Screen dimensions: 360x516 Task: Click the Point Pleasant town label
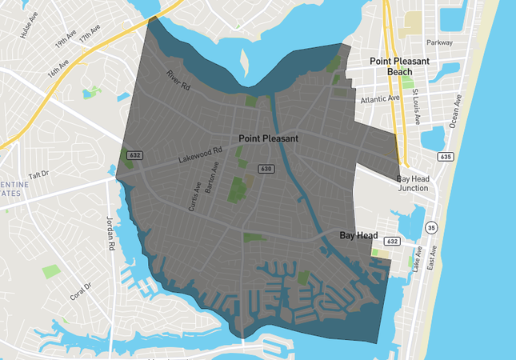point(268,138)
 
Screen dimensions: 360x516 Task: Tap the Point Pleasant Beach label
point(399,66)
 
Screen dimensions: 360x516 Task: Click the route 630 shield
point(266,169)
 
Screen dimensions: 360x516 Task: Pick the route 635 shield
point(446,157)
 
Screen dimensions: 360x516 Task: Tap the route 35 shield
point(431,228)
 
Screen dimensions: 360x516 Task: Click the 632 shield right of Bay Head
point(392,241)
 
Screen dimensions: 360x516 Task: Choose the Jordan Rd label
point(111,232)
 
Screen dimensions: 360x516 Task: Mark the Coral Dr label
point(81,291)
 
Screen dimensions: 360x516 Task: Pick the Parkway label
point(439,42)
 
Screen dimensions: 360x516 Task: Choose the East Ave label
point(431,257)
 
